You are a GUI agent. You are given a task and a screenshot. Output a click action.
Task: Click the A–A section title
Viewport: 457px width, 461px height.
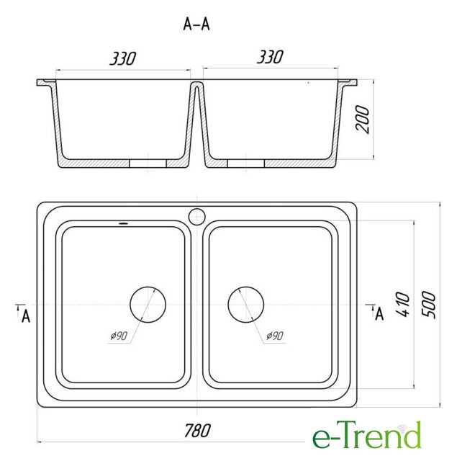196,24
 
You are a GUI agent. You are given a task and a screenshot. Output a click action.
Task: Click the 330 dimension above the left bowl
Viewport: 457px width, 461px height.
123,58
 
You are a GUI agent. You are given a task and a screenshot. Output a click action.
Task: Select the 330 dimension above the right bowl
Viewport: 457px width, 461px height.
270,57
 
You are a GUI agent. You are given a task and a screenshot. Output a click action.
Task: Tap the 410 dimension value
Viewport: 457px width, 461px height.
403,304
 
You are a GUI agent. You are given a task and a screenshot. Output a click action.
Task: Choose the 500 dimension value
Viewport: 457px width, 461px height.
428,304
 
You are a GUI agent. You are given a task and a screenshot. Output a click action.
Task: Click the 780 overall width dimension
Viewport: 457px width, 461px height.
197,431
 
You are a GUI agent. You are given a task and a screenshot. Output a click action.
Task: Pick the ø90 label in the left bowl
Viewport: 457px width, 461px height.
119,336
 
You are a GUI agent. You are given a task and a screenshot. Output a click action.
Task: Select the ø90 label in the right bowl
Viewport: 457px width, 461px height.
275,336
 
